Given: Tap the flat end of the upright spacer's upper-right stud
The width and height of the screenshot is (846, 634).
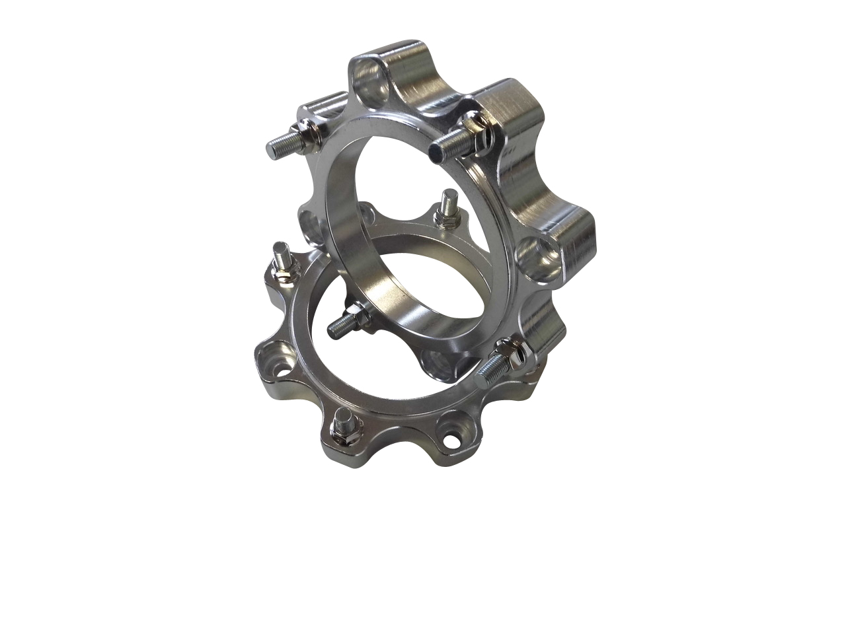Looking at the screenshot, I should [434, 153].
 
